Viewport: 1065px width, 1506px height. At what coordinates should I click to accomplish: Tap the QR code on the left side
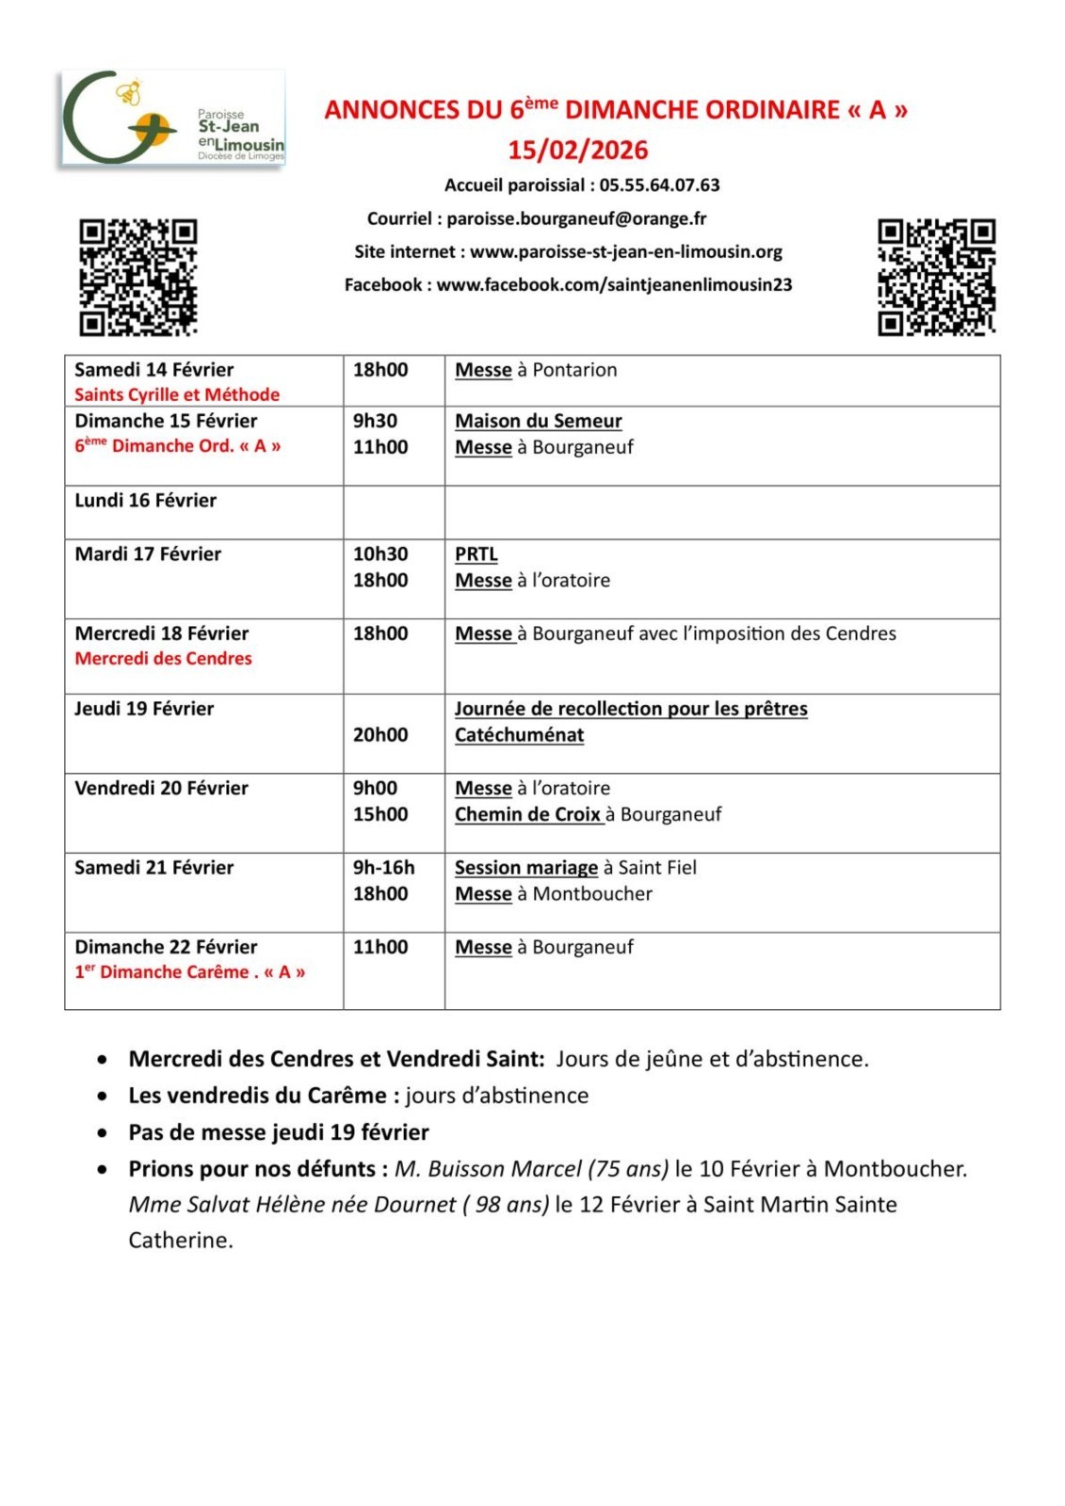(137, 277)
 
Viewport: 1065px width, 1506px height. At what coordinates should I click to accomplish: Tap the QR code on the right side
(936, 277)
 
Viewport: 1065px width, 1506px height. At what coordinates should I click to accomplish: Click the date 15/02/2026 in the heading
(578, 150)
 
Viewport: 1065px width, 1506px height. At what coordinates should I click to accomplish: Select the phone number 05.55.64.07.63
(659, 185)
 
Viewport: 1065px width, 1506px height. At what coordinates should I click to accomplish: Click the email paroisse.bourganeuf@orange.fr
(576, 218)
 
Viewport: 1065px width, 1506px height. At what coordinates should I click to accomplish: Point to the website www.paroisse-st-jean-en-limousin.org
(626, 251)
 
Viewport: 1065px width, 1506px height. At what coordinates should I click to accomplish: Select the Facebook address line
(568, 284)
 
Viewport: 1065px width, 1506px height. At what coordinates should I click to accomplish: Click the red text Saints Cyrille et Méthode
(177, 394)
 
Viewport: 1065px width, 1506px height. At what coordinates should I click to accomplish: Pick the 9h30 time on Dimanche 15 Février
(375, 421)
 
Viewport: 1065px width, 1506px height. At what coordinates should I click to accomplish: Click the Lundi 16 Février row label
(146, 500)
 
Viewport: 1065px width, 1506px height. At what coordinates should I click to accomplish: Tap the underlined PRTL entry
(476, 554)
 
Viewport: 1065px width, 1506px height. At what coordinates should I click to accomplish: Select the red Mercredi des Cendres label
(163, 658)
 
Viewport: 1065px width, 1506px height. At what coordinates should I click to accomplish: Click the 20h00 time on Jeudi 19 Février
(380, 734)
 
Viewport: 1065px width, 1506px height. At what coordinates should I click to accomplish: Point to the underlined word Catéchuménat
(519, 734)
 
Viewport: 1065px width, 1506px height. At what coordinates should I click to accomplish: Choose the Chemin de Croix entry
(527, 814)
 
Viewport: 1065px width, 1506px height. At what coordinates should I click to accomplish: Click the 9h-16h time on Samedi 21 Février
(383, 867)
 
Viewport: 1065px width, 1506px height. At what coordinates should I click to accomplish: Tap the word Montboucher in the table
(592, 893)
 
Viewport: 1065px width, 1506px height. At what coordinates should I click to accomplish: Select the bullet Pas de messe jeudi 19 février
(279, 1131)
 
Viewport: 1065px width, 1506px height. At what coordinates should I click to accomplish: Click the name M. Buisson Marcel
(486, 1168)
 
